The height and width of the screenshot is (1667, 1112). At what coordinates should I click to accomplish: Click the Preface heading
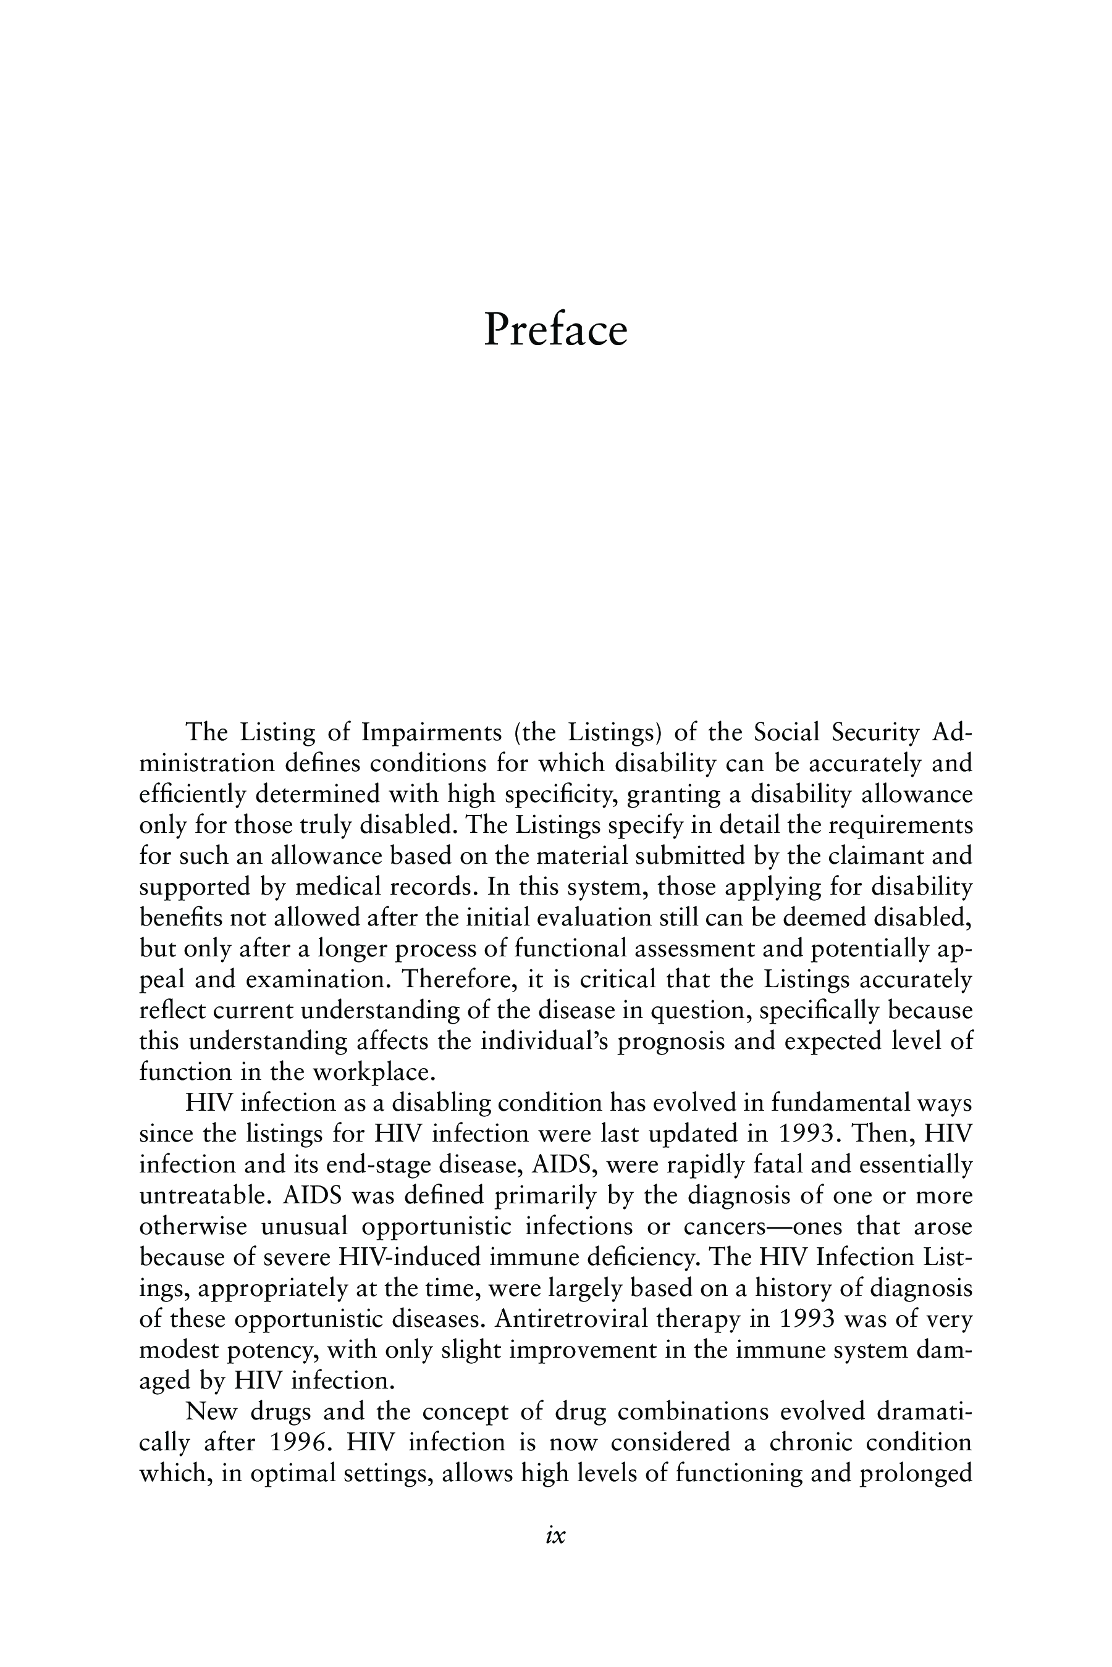(555, 330)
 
